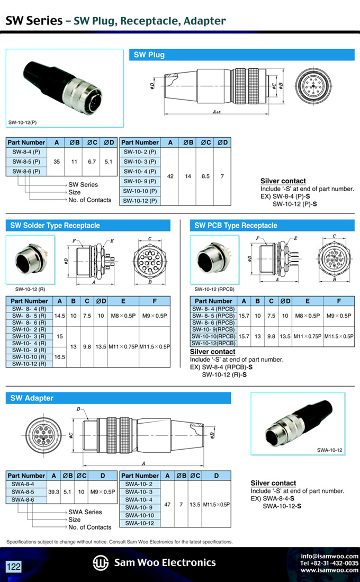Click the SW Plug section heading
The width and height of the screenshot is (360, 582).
point(149,55)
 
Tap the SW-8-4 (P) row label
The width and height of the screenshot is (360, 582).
point(26,152)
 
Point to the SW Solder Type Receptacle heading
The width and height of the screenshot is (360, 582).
point(55,225)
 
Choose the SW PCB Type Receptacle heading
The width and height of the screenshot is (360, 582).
point(236,225)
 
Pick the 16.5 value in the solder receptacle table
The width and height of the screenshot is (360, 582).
point(60,357)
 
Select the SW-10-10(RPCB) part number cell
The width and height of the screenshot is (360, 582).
point(213,336)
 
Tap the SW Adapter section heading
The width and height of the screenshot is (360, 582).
point(32,398)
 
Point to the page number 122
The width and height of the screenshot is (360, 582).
point(14,567)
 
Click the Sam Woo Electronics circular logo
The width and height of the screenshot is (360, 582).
point(101,562)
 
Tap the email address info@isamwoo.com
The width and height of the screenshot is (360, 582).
point(329,556)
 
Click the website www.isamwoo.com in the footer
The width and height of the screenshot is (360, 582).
point(329,570)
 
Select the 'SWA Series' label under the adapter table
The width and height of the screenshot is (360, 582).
point(85,512)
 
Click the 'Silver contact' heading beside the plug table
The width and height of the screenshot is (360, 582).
point(283,181)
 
